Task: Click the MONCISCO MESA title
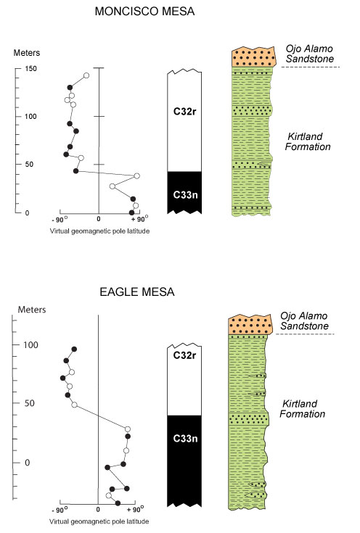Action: [144, 11]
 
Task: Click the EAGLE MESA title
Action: [136, 292]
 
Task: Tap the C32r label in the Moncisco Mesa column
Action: [185, 111]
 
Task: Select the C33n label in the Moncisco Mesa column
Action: [185, 194]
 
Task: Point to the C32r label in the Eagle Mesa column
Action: [185, 355]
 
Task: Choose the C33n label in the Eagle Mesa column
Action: [185, 438]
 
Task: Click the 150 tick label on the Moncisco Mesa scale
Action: [30, 68]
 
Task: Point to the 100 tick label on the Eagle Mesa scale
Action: [30, 344]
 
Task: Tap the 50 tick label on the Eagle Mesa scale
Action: [29, 403]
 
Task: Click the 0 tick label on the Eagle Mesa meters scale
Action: [28, 463]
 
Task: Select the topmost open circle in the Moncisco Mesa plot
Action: [86, 75]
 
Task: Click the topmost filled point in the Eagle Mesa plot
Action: [74, 349]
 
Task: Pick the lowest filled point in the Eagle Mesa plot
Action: [118, 503]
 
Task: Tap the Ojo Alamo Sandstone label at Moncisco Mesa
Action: [309, 54]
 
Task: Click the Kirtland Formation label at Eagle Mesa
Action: [303, 408]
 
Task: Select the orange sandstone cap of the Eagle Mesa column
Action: [250, 325]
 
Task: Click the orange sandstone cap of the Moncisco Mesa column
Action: [253, 57]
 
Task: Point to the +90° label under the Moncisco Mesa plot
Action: [139, 218]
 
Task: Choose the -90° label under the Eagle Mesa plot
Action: [60, 510]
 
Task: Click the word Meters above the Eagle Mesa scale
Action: [32, 310]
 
